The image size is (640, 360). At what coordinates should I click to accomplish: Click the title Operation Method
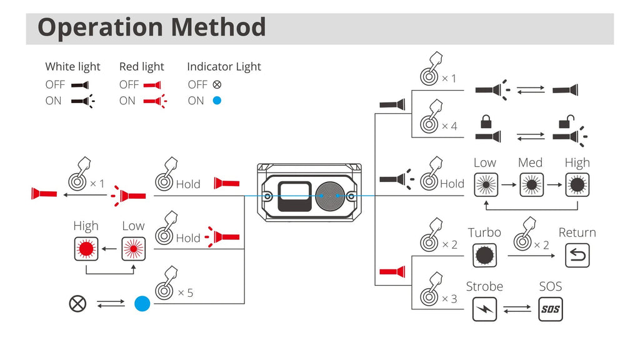(x=152, y=27)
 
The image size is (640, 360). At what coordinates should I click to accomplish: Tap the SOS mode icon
(x=550, y=309)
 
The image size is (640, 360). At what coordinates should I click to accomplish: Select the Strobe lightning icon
(x=484, y=309)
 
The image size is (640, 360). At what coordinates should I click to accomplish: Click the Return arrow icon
(x=577, y=255)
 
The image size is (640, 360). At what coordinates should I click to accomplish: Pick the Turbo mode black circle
(x=484, y=255)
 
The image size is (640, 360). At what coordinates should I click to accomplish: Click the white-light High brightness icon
(x=577, y=185)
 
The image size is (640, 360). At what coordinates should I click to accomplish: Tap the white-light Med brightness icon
(x=530, y=185)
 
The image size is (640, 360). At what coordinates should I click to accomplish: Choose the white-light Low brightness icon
(x=484, y=185)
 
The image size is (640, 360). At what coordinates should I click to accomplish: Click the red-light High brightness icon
(x=86, y=248)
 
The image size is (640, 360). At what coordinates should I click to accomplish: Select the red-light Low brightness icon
(x=133, y=248)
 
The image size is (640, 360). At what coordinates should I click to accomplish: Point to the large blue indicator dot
(x=142, y=304)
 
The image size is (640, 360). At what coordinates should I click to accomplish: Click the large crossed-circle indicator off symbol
(x=77, y=304)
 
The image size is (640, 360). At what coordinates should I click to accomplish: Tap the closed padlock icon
(x=484, y=120)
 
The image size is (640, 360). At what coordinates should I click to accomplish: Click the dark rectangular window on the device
(x=294, y=196)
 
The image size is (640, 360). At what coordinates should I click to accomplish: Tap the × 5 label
(x=185, y=292)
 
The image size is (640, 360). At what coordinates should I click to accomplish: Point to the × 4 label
(x=449, y=126)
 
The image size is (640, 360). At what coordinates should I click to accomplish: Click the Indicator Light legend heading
(x=224, y=67)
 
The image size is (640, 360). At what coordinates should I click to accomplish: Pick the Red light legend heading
(x=142, y=67)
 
